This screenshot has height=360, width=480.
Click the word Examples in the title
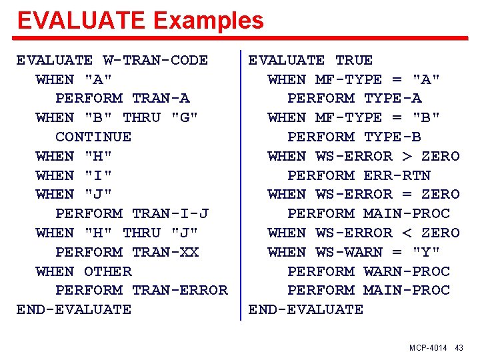[x=209, y=21]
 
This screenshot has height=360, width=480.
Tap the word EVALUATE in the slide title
[x=81, y=21]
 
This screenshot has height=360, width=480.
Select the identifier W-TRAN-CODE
[x=155, y=60]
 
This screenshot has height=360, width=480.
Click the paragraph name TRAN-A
[x=161, y=99]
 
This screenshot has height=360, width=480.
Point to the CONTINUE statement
[x=93, y=137]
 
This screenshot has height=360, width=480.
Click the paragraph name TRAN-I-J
[x=170, y=214]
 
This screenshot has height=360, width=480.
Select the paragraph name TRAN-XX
[x=165, y=253]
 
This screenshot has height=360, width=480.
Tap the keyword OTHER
[x=108, y=272]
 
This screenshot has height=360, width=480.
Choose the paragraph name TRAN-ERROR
[x=180, y=291]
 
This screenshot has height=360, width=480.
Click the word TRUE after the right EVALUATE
[x=354, y=60]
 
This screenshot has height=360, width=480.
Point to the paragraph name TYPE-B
[x=393, y=137]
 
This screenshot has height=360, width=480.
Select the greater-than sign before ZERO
[x=407, y=157]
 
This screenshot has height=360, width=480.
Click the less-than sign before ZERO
[x=407, y=233]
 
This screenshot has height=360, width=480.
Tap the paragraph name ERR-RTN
[x=397, y=176]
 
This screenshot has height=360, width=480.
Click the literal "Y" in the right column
[x=427, y=253]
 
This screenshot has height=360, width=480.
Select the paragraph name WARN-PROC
[x=407, y=272]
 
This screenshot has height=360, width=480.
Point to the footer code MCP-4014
[x=429, y=349]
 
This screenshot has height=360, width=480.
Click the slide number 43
[x=459, y=349]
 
